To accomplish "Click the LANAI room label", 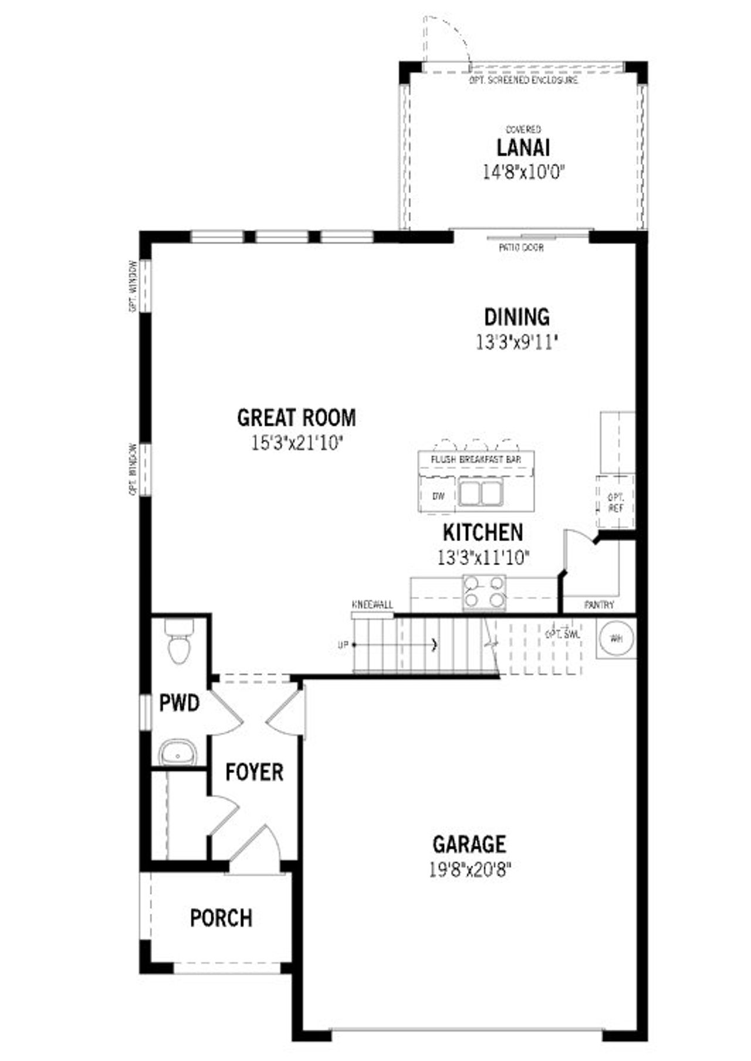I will (523, 148).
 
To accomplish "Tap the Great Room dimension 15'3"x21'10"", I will (297, 443).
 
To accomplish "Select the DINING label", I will (516, 317).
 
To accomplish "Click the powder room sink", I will (178, 752).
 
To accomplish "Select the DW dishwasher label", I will (438, 496).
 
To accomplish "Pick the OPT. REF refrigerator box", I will (615, 502).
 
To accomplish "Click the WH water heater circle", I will (616, 638).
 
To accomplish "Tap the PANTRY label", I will (599, 605).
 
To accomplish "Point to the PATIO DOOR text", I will (521, 248).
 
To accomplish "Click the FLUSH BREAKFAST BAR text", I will (476, 459).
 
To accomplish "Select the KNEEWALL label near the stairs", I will (373, 605).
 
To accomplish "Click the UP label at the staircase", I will (343, 645).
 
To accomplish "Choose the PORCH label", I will (221, 918).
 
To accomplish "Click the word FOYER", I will (254, 772).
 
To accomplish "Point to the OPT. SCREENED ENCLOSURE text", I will (523, 80).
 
